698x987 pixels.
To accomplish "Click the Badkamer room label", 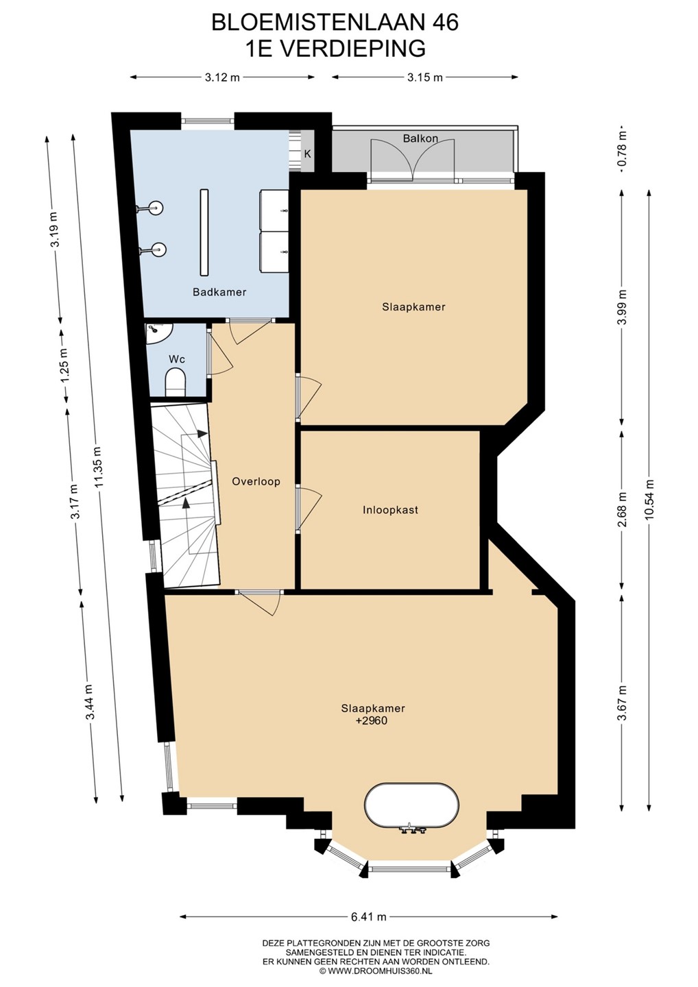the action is (219, 292).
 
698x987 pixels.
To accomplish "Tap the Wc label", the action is (177, 359).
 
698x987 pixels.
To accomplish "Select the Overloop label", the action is (256, 482).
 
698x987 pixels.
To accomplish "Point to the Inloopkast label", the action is (390, 510).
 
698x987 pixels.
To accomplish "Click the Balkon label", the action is (420, 138).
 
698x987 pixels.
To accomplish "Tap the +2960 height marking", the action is (373, 733).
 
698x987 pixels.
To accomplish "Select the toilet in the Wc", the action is (176, 382).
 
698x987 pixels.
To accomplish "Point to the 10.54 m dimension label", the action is (649, 499).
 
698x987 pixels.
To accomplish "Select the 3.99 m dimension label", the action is (622, 308).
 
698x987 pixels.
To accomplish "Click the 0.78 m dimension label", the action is (622, 151).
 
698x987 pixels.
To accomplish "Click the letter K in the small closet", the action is (308, 154).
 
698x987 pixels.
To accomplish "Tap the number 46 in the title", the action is (444, 23).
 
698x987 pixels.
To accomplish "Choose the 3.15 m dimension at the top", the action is (425, 77).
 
